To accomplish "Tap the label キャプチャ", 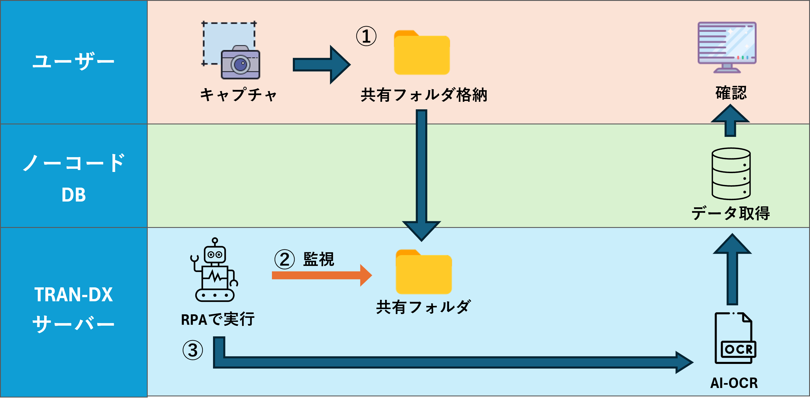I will [x=238, y=94].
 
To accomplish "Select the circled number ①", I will [x=366, y=36].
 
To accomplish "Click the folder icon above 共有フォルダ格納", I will [x=422, y=53].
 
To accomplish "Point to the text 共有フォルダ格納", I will [x=424, y=95].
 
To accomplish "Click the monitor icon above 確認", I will [x=727, y=47].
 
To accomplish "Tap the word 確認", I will [x=731, y=93].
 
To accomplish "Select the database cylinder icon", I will [x=731, y=173].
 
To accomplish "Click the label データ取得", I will [x=730, y=213].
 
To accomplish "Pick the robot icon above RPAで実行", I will [x=215, y=270].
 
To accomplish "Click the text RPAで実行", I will [x=218, y=319].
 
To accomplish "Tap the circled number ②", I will [x=285, y=260].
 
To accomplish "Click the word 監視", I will [x=319, y=259].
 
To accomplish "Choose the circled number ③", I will [x=193, y=350].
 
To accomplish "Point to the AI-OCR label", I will [x=734, y=383].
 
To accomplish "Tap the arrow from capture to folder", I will [x=321, y=64].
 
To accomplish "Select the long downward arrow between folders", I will [x=421, y=173].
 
